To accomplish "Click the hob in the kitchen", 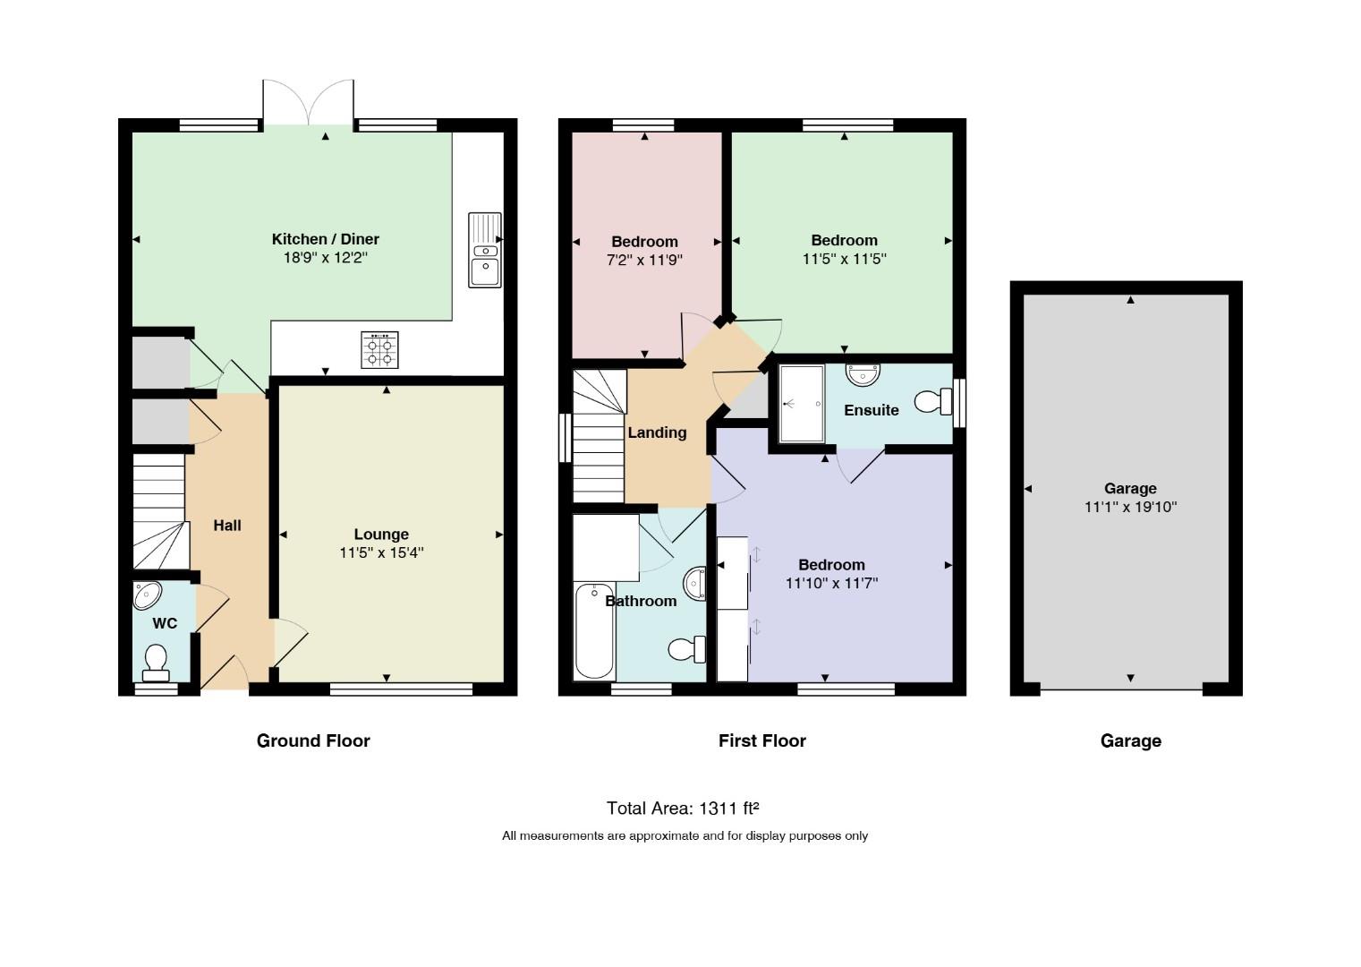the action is click(x=379, y=350).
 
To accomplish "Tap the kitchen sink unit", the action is click(x=485, y=250).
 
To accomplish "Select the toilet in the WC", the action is click(x=157, y=663).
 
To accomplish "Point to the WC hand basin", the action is click(x=148, y=595).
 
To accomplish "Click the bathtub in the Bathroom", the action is click(x=594, y=631).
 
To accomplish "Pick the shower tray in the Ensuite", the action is click(x=802, y=404).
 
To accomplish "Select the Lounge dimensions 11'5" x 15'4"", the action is click(x=381, y=552).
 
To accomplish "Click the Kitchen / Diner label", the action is click(x=326, y=239).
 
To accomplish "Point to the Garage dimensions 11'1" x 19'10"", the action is click(x=1131, y=507).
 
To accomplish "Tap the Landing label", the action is click(x=658, y=432).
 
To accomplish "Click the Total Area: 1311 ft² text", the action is click(x=683, y=809).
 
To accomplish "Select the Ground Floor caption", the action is click(x=313, y=740).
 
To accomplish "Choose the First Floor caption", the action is click(x=762, y=740).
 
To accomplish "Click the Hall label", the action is click(x=227, y=526).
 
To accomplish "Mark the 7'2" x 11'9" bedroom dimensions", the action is click(x=644, y=261).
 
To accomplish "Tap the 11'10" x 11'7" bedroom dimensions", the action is click(x=832, y=584).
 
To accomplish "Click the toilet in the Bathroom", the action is click(x=687, y=650).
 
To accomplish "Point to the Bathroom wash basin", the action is click(x=695, y=584).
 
